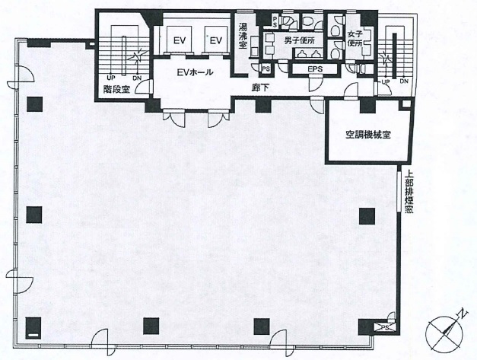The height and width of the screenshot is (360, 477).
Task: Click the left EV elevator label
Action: click(x=180, y=40)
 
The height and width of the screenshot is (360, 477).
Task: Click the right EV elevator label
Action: click(x=216, y=40)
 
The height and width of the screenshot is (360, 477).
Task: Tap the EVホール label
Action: click(x=195, y=72)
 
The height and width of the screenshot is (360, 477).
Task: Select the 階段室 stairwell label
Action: click(x=116, y=89)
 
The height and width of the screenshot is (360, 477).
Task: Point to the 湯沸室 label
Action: click(x=243, y=36)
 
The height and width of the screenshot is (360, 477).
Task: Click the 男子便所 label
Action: click(x=299, y=40)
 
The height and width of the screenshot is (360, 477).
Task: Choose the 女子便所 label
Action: click(x=355, y=39)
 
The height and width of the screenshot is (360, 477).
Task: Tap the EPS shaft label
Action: click(x=315, y=69)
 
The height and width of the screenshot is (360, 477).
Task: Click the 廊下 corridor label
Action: click(x=261, y=88)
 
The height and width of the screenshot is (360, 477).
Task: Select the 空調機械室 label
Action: click(x=368, y=135)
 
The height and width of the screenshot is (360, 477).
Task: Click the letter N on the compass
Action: click(x=463, y=314)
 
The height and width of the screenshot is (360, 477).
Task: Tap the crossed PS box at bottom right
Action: click(x=385, y=327)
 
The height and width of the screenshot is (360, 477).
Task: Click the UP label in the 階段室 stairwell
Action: click(x=111, y=78)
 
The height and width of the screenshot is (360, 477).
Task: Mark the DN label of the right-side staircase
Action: click(x=404, y=81)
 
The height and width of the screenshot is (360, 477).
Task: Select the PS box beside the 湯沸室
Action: click(x=266, y=69)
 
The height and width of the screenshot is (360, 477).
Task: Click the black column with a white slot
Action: click(x=33, y=328)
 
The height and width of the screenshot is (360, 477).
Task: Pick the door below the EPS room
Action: click(x=315, y=84)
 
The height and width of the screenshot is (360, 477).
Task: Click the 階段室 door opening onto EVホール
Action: click(x=143, y=87)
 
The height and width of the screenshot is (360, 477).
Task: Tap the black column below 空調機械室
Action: click(x=367, y=215)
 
